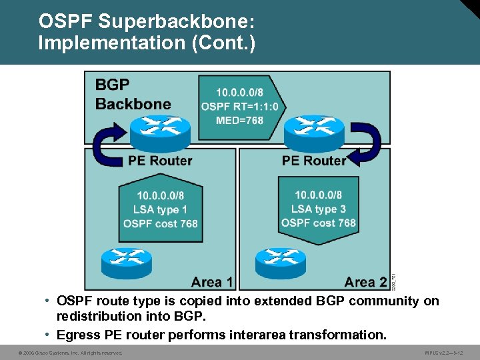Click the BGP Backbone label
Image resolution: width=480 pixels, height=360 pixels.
(x=133, y=94)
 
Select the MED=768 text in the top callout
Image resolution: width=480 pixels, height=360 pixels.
(x=239, y=121)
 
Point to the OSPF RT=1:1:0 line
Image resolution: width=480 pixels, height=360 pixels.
(x=243, y=105)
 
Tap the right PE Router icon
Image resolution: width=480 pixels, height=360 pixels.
(x=313, y=133)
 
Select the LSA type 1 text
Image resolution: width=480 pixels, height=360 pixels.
(x=160, y=209)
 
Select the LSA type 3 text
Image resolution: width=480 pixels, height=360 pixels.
(x=318, y=209)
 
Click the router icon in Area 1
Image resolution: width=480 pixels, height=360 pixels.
(x=127, y=261)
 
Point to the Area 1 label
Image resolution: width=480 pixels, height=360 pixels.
(x=211, y=281)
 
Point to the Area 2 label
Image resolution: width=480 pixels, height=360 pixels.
(x=365, y=281)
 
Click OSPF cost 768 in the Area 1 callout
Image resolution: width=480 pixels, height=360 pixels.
(x=160, y=223)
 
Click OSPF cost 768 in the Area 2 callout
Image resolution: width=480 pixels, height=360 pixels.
(x=318, y=223)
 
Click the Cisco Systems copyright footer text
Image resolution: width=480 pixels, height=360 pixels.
(x=70, y=352)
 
